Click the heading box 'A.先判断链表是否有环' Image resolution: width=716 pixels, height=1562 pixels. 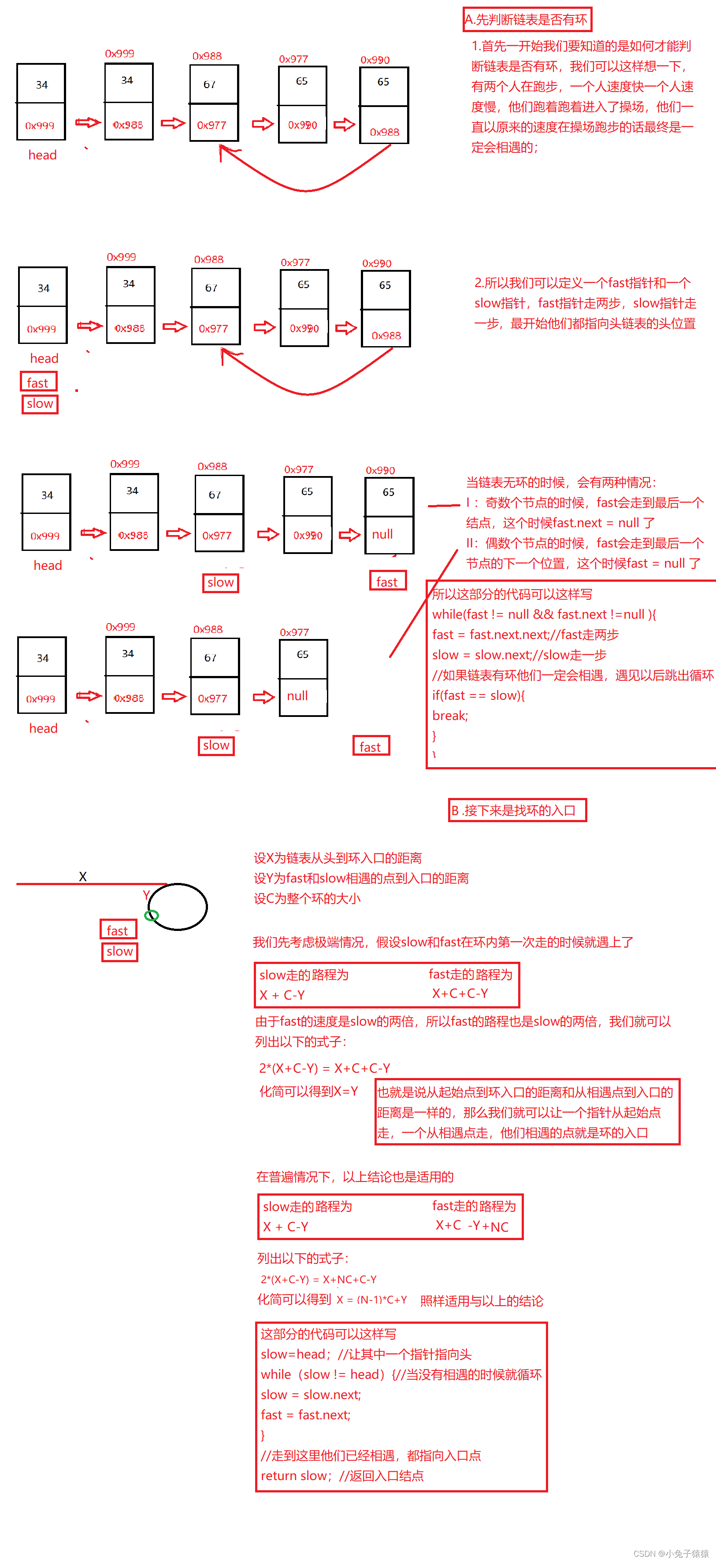[x=527, y=19]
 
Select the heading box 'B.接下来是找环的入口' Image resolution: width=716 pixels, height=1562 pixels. [x=517, y=810]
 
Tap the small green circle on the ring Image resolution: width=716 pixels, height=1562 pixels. [x=152, y=916]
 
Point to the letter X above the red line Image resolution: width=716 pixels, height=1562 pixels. [x=82, y=876]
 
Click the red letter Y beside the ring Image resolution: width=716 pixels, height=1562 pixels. [x=146, y=895]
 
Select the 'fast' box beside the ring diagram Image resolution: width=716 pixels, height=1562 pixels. [x=118, y=930]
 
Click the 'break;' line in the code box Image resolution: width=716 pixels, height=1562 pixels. [x=450, y=716]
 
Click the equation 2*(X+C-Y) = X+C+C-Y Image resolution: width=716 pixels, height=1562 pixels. [x=325, y=1068]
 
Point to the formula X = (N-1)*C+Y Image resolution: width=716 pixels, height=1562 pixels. [x=372, y=1300]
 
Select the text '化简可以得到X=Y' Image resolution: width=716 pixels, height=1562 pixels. [x=308, y=1091]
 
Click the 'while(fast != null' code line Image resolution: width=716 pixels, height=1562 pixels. [x=544, y=614]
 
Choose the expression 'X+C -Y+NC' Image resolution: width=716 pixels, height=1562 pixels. [x=472, y=1226]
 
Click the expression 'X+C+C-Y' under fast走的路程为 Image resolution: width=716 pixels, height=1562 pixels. [x=460, y=993]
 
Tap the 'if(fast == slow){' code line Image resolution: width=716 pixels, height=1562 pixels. [x=478, y=695]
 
